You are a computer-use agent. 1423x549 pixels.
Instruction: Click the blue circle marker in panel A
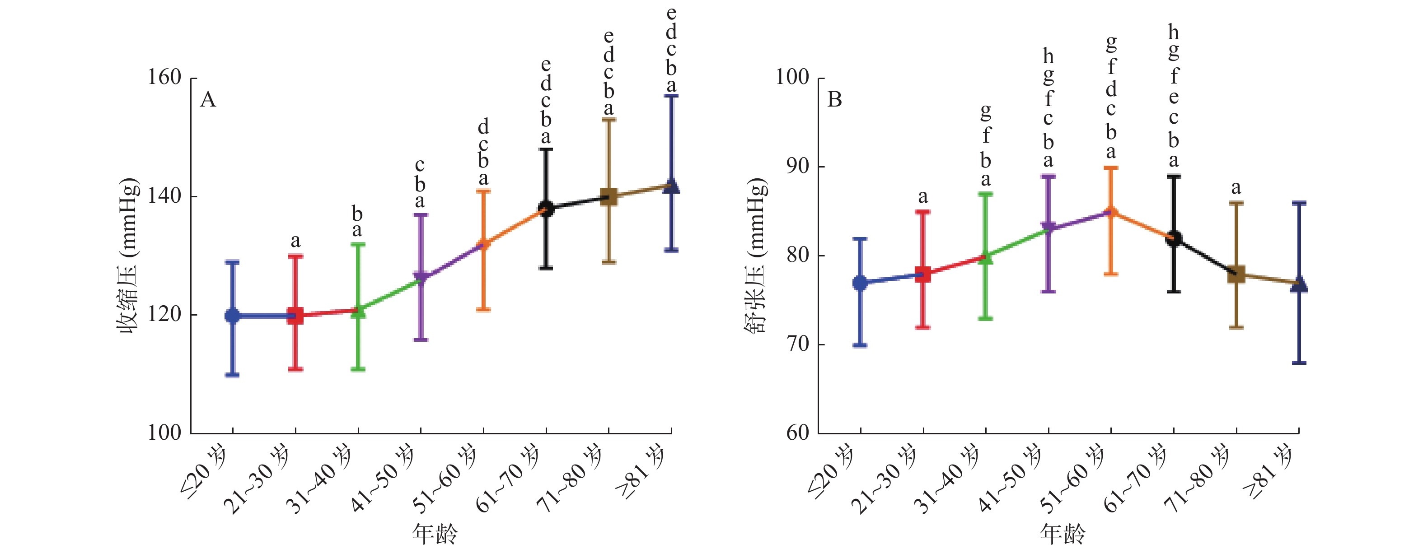click(233, 316)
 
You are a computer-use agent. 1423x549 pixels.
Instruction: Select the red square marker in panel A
click(295, 316)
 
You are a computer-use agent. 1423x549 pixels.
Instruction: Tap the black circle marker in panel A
click(546, 208)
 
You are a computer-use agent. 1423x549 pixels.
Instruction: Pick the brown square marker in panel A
click(608, 197)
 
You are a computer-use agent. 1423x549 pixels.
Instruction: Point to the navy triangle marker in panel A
click(671, 186)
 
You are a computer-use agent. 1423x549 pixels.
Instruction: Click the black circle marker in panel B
click(1173, 238)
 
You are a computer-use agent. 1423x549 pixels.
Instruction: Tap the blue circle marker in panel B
click(860, 283)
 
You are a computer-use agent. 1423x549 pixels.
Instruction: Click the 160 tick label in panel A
click(164, 78)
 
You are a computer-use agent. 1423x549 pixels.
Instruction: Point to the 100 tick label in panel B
click(792, 78)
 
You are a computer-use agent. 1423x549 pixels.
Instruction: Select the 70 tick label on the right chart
click(798, 344)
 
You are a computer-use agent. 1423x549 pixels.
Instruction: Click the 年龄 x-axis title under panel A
click(435, 534)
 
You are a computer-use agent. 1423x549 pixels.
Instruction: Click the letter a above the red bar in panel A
click(295, 242)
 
